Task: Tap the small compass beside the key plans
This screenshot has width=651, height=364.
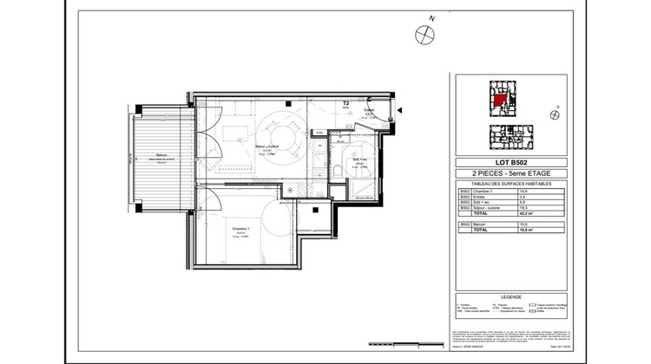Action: click(x=552, y=114)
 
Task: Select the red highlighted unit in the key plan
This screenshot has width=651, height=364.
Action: click(x=501, y=98)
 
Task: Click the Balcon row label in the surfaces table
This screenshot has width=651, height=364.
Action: click(x=478, y=224)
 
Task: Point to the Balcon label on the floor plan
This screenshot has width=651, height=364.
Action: click(x=156, y=159)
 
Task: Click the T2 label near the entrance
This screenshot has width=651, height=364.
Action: click(x=346, y=103)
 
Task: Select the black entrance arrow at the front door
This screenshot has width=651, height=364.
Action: click(x=400, y=110)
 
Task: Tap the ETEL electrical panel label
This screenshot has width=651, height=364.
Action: click(x=319, y=133)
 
